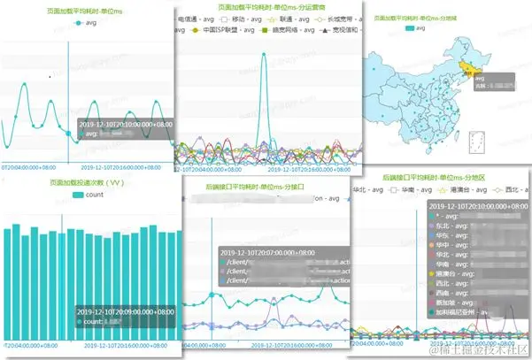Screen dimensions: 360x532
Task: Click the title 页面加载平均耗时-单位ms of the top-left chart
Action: click(86, 11)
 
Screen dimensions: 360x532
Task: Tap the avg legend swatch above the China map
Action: click(408, 28)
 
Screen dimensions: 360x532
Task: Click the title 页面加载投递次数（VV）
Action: click(87, 184)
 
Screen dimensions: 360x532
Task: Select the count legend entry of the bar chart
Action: click(88, 195)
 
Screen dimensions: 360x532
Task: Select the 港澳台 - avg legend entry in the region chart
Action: click(461, 189)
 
